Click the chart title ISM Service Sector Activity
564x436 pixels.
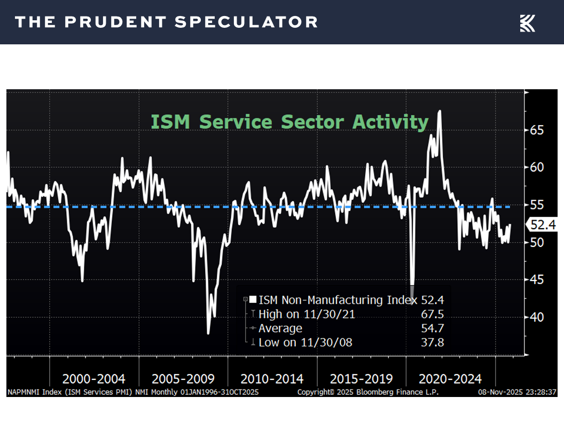coord(289,122)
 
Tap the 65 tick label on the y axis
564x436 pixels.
coord(537,130)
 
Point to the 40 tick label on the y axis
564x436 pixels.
coord(537,317)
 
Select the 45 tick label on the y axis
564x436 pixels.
coord(537,280)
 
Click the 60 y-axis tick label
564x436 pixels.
coord(537,168)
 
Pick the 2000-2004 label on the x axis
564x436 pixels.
coord(94,379)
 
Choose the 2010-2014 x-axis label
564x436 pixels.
coord(272,379)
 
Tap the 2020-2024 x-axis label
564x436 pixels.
coord(450,379)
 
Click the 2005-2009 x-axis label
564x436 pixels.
coord(183,379)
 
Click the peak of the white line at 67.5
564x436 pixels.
coord(440,111)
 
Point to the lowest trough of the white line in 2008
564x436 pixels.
coord(208,333)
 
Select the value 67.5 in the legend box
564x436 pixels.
coord(433,314)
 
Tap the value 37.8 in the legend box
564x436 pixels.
coord(433,342)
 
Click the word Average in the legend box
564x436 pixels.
coord(280,328)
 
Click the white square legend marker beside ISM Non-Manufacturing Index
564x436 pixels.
coord(253,300)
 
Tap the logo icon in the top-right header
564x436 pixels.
coord(527,23)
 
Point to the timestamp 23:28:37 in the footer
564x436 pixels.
coord(539,392)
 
